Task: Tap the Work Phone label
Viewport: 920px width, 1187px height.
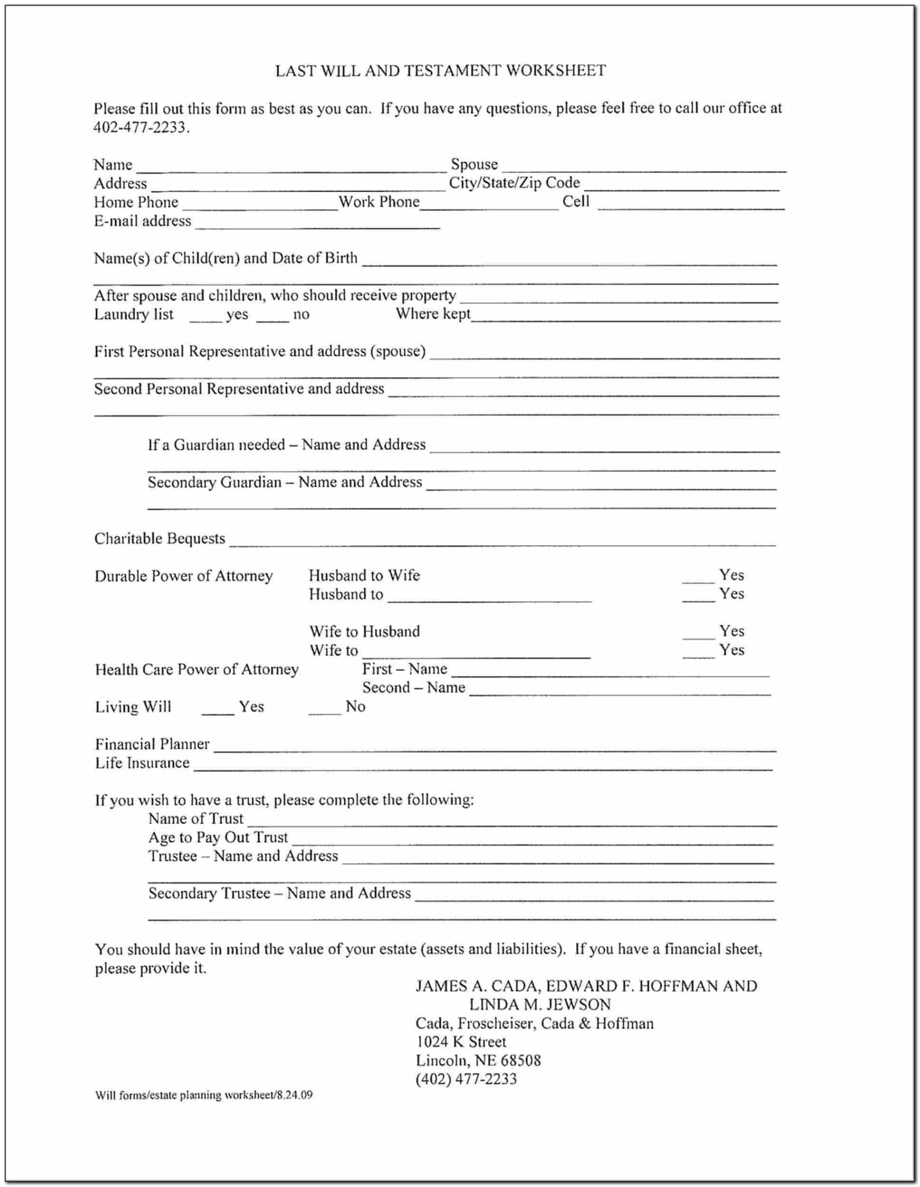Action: coord(379,202)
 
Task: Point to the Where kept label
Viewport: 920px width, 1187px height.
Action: coord(433,314)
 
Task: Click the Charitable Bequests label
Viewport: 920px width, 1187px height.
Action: coord(160,538)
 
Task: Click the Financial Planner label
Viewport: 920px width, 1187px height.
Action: coord(152,744)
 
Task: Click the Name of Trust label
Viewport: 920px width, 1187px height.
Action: coord(195,818)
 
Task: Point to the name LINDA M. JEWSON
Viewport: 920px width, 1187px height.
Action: coord(540,1005)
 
